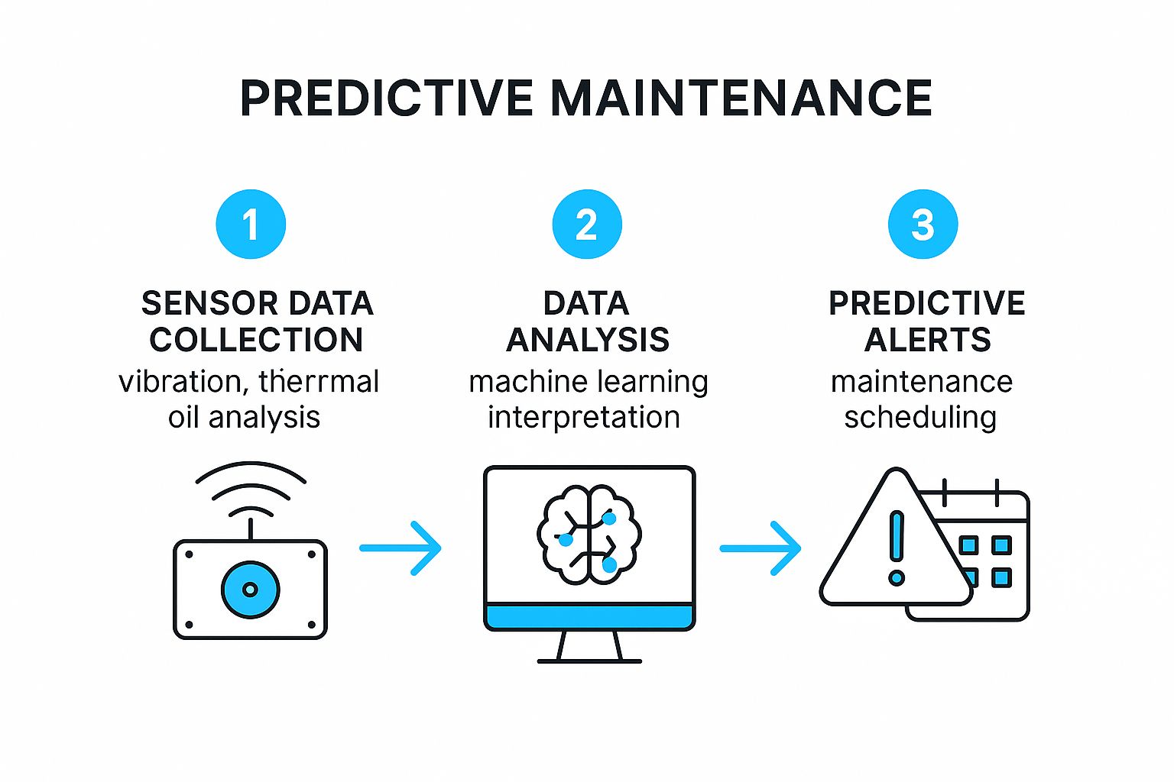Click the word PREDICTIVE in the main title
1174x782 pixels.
pos(386,99)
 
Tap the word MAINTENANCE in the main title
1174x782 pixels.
pos(741,99)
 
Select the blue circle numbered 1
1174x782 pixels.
pos(251,225)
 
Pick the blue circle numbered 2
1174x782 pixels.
pos(587,225)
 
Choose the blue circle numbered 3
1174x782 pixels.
pos(923,225)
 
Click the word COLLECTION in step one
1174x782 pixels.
pos(256,340)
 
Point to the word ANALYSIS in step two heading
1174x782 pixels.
pos(588,340)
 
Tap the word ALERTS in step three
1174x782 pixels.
pos(927,340)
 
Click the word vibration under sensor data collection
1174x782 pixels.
pos(180,381)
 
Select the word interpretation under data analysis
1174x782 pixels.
pos(584,417)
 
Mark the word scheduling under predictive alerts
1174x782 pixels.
pos(920,417)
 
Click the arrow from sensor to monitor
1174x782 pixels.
pos(401,548)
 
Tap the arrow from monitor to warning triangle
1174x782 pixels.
pos(761,548)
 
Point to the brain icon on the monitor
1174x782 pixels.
pos(589,535)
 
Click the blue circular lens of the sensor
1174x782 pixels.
pos(251,590)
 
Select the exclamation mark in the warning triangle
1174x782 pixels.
pos(897,546)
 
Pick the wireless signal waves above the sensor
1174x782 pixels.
pos(251,489)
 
